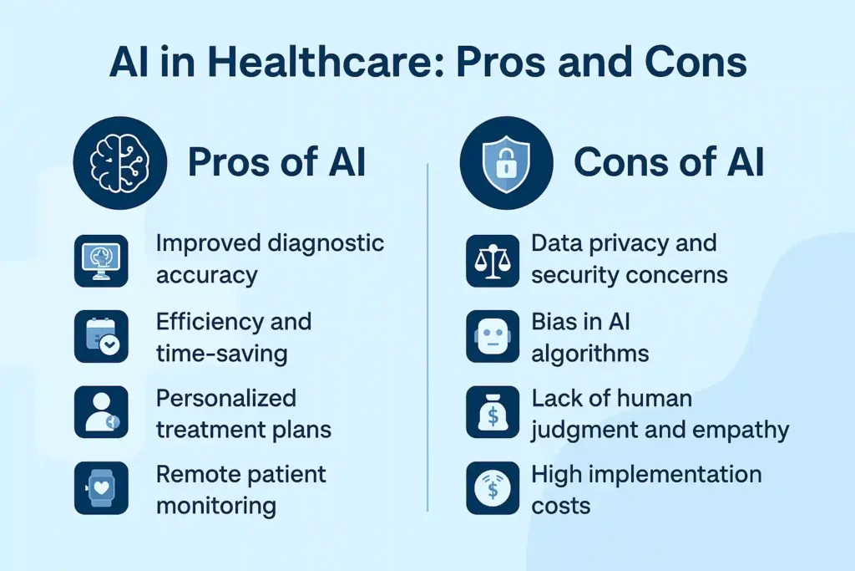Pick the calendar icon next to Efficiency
click(101, 337)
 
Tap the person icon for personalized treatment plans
click(101, 412)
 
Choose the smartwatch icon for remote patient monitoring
click(101, 487)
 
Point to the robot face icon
click(492, 337)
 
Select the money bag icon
click(492, 412)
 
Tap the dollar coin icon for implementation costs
click(492, 487)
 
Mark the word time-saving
click(222, 353)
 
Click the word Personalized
click(226, 397)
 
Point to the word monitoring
click(216, 505)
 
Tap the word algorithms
click(590, 353)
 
